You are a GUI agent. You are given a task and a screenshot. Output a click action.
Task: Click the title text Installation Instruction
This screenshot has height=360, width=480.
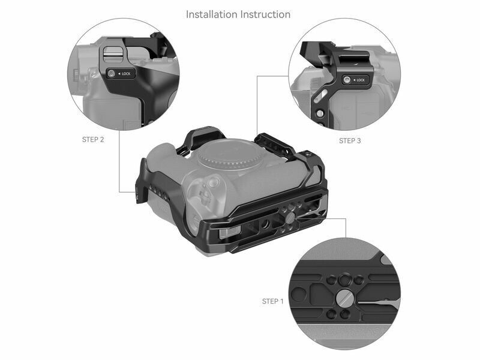[238, 14]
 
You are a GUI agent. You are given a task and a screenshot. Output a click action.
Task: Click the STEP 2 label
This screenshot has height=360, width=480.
[93, 140]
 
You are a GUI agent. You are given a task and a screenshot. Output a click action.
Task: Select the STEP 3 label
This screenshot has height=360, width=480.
[350, 141]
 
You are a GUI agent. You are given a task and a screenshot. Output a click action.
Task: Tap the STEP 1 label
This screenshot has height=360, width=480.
[273, 301]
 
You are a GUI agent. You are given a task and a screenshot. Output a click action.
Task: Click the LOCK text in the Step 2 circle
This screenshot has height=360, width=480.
[126, 74]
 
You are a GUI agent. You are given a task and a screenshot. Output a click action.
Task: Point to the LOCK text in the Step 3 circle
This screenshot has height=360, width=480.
[361, 80]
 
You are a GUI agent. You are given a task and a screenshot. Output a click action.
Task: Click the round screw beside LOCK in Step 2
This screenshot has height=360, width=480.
[112, 74]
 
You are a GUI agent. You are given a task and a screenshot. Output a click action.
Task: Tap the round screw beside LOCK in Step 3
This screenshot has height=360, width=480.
[347, 80]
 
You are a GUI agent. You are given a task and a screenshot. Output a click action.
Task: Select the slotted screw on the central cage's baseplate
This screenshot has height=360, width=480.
[291, 218]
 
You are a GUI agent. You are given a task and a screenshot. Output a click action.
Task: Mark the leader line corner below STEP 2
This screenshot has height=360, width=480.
[119, 192]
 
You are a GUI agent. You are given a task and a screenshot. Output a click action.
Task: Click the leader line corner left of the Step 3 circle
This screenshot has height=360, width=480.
[257, 76]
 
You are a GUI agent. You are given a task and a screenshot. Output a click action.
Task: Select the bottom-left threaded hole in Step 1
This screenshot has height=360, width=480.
[331, 314]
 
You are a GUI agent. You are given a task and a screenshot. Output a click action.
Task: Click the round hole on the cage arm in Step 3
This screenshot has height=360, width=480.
[320, 113]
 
